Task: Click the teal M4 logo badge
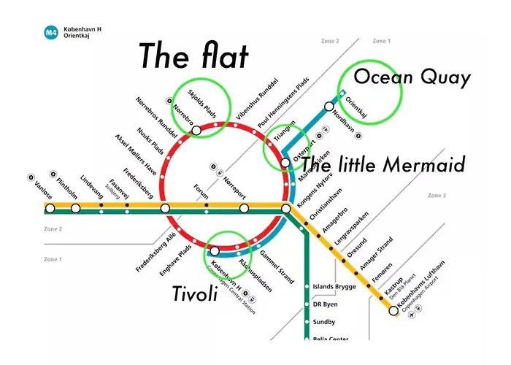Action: point(51,32)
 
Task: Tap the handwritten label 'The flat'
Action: point(194,55)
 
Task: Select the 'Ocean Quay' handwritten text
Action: point(412,77)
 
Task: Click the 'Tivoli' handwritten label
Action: point(196,293)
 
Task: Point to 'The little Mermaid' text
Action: point(383,165)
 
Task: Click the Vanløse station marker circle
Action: point(50,209)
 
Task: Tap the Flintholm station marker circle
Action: point(76,209)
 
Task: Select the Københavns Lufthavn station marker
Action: point(393,311)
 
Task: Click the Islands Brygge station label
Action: point(334,287)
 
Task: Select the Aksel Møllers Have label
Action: point(136,155)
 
